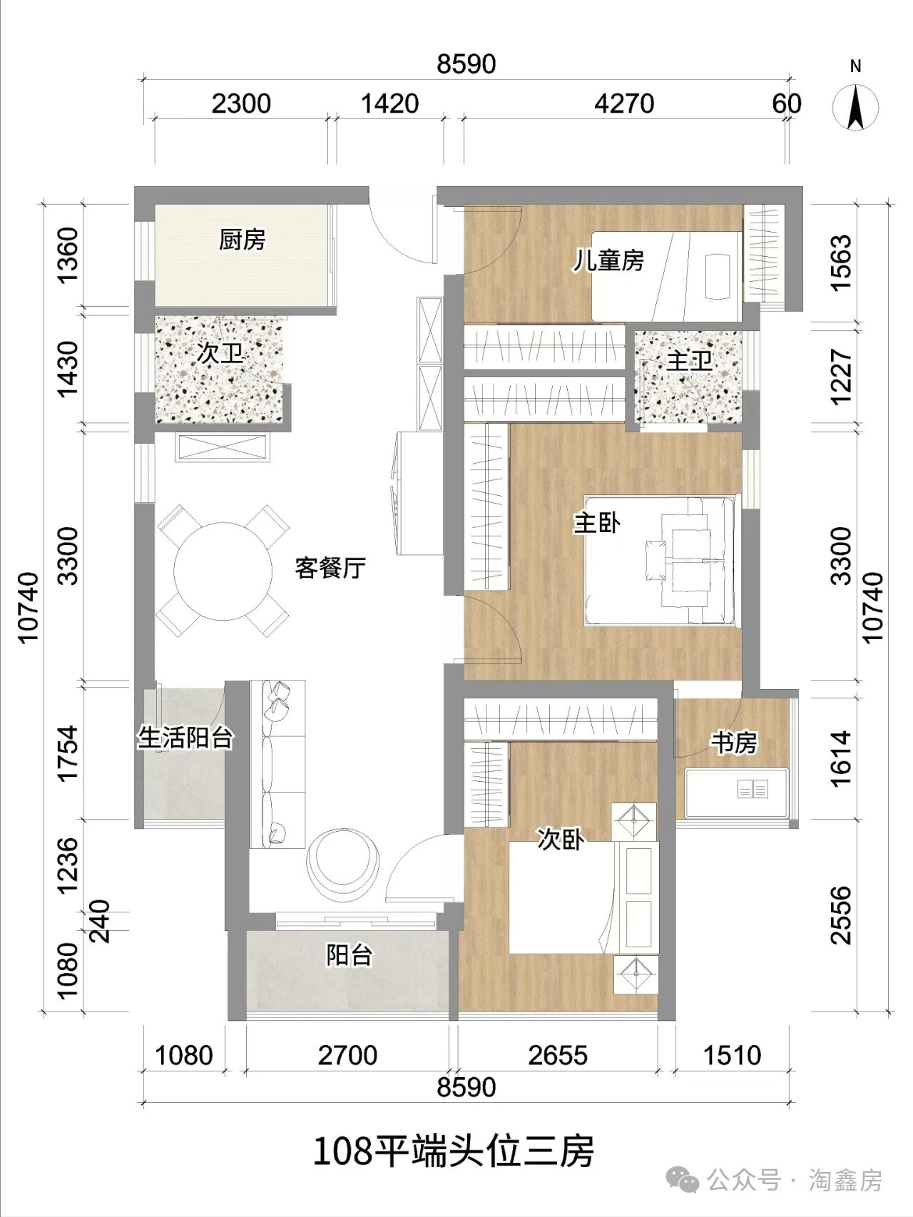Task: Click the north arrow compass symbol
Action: tap(855, 108)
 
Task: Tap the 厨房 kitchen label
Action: tap(243, 240)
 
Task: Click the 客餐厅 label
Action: tap(330, 568)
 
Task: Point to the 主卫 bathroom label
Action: tap(689, 360)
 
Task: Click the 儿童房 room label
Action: tap(609, 260)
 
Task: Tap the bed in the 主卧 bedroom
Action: tap(662, 561)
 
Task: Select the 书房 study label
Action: tap(733, 743)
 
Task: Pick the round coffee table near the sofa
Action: tap(342, 861)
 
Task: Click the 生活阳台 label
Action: tap(185, 738)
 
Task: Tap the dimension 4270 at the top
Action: tap(624, 104)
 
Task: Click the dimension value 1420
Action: tap(389, 104)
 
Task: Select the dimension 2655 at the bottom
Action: tap(558, 1055)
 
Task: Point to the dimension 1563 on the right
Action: tap(842, 262)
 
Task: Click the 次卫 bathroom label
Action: tap(220, 352)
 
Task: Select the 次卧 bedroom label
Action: tap(561, 840)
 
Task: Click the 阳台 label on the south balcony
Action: tap(350, 954)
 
